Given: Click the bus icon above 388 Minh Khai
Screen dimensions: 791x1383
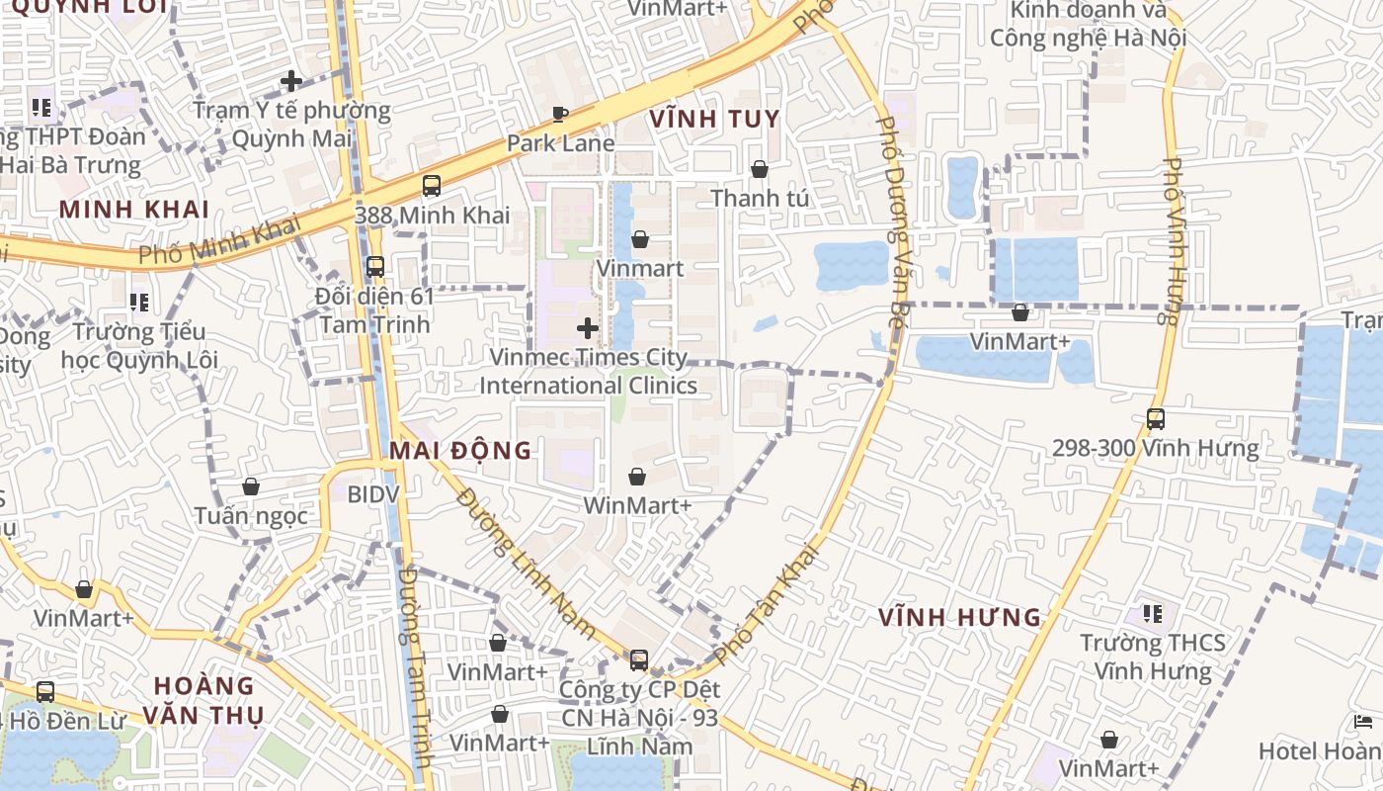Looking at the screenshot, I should click(432, 185).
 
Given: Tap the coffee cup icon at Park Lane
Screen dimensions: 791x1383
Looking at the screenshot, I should click(560, 114).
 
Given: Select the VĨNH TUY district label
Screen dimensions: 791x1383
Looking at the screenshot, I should click(714, 120).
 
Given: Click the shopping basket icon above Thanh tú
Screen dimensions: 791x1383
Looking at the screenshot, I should click(760, 169).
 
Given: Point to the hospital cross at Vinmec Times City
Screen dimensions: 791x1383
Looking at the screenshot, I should click(588, 327).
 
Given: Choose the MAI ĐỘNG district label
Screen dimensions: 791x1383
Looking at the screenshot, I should click(460, 451).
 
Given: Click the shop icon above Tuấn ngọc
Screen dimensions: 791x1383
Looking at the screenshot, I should click(251, 486).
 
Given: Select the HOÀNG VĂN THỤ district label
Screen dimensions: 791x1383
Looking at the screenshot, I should click(204, 699).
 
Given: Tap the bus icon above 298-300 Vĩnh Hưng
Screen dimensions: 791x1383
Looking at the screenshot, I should click(1156, 418).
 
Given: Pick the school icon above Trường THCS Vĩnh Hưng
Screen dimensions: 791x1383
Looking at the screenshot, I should click(1153, 613).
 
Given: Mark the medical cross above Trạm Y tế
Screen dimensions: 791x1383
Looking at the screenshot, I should click(291, 81).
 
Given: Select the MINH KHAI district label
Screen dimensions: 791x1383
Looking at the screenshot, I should click(134, 210).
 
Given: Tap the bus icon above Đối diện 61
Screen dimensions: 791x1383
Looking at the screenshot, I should click(374, 266).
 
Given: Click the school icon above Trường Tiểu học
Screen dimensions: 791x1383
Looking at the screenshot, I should click(139, 301).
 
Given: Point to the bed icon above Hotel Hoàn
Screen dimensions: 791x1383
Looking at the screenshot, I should click(1364, 722).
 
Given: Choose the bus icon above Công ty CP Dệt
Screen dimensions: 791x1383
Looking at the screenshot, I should click(639, 659).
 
